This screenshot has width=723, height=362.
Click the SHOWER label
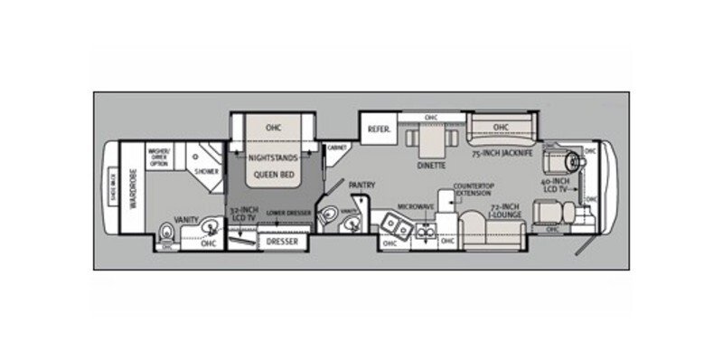click(x=206, y=170)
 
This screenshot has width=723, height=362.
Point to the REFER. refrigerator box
click(x=379, y=129)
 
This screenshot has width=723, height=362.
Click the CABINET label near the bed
click(x=337, y=147)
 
